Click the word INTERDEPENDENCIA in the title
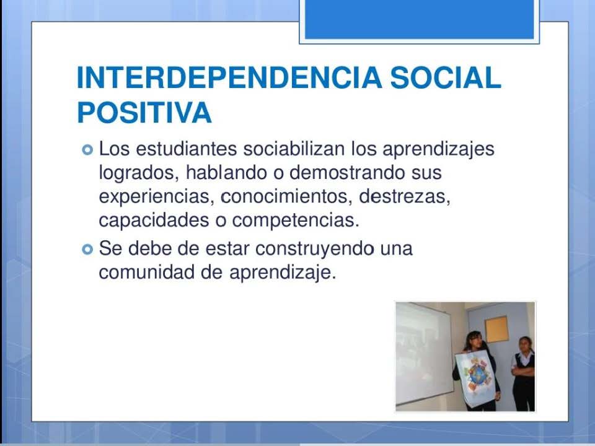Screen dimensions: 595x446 pos(229,78)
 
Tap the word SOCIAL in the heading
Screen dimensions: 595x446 pos(446,78)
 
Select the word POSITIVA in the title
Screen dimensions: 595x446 pos(144,113)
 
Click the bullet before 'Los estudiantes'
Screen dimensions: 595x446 pos(87,150)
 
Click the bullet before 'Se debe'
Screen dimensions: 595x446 pos(87,250)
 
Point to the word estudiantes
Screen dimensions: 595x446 pos(186,149)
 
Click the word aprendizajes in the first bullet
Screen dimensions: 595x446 pos(438,149)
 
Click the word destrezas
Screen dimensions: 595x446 pos(405,197)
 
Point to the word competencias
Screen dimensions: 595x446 pos(296,221)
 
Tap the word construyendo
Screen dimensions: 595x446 pos(314,250)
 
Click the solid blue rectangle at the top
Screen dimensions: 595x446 pos(420,19)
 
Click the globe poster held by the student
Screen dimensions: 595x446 pos(477,377)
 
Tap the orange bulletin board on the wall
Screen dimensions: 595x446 pos(496,329)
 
